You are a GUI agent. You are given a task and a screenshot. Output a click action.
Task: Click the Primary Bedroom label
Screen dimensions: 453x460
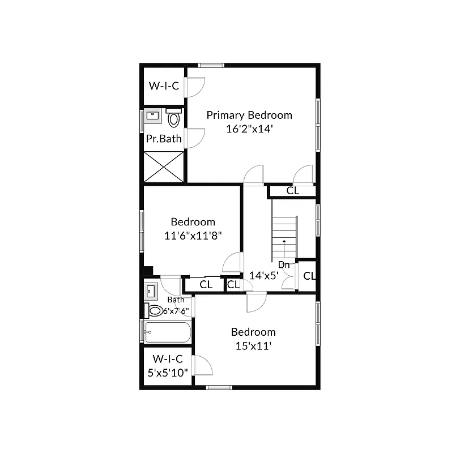click(x=249, y=116)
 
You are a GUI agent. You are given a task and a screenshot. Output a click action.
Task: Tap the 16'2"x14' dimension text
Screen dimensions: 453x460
click(x=249, y=129)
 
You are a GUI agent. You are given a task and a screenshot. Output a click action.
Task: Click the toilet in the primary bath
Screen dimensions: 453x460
click(x=174, y=118)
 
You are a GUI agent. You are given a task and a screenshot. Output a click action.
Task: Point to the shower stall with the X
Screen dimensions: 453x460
click(x=164, y=166)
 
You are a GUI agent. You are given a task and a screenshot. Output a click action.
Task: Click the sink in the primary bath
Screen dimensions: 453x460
click(x=152, y=117)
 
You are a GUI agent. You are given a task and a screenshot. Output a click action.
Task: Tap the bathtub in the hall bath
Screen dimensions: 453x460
click(x=167, y=332)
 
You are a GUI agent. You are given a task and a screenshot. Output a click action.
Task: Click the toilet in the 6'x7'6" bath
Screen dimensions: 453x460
click(x=155, y=310)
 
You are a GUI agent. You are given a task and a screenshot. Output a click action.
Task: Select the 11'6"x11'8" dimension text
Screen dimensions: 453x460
click(x=193, y=236)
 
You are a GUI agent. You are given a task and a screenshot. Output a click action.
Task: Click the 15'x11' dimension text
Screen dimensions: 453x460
click(x=253, y=345)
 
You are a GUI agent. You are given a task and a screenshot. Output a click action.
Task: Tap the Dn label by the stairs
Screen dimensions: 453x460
click(x=284, y=264)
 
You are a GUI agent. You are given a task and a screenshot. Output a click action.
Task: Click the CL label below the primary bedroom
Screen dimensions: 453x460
click(x=292, y=191)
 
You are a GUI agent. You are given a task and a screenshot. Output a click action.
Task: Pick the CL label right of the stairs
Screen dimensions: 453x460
click(x=309, y=276)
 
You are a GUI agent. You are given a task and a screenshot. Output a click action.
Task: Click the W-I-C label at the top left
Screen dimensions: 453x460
click(x=164, y=86)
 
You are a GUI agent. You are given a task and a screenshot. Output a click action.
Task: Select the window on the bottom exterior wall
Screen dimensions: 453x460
click(x=219, y=387)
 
